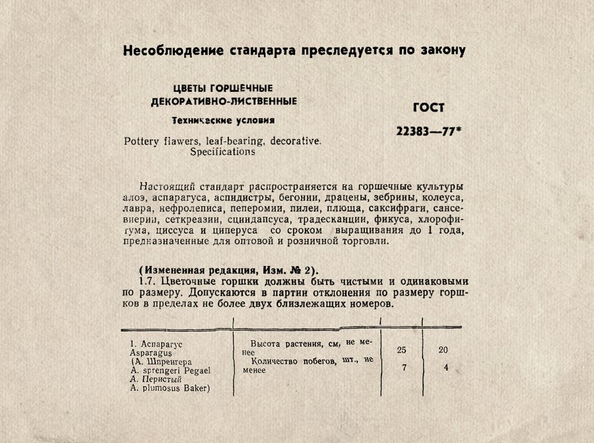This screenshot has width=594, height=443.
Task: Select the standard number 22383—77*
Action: (428, 131)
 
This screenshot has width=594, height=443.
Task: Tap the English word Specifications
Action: (222, 151)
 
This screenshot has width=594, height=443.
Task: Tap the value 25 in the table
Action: (402, 349)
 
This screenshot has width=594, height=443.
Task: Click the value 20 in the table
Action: (443, 350)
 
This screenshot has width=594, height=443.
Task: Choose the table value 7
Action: (404, 368)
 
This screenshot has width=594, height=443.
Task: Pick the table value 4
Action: (446, 368)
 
